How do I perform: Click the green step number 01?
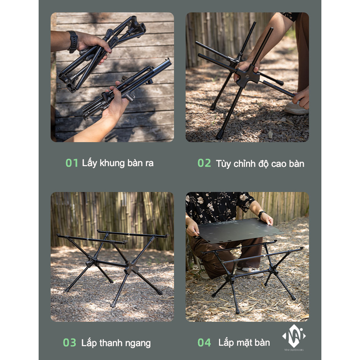point(72,163)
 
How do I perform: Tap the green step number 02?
point(204,163)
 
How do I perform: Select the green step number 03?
point(69,343)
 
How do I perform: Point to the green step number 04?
point(204,342)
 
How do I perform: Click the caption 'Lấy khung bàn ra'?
point(117,163)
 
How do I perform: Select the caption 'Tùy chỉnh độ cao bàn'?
point(260,163)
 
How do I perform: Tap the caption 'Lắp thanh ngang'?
point(116,343)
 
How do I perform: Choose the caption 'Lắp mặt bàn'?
point(244,342)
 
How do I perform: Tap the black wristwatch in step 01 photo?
point(73,41)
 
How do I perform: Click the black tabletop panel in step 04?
point(240,230)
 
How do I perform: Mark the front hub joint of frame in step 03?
point(132,268)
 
